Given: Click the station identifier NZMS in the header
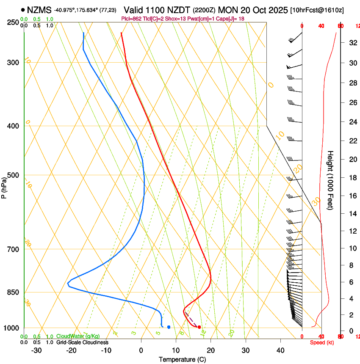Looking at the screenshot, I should [39, 10].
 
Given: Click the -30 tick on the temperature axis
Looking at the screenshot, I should [37, 350].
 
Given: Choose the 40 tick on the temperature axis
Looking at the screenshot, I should [280, 350].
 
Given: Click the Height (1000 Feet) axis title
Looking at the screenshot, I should [331, 180].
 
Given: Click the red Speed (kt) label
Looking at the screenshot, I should [321, 342].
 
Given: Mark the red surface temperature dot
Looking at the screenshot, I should [199, 327].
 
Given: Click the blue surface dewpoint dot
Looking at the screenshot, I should [169, 327].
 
